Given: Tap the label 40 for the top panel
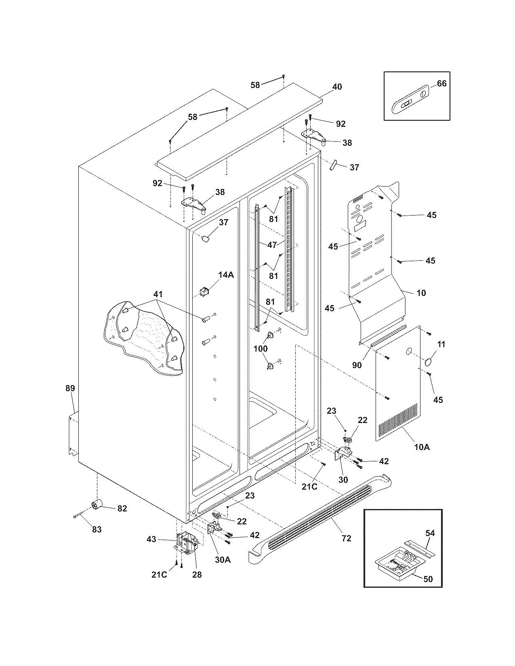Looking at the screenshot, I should (x=337, y=87).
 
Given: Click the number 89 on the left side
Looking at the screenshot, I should (x=70, y=388).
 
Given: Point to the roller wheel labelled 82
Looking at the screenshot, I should (x=97, y=504).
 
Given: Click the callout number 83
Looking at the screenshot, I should (x=97, y=530).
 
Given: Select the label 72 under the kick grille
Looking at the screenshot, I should (x=346, y=538).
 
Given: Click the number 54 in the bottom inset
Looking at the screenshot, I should (x=430, y=533).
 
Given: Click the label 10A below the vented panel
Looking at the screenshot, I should (x=422, y=447).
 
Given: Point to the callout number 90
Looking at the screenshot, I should (x=357, y=365).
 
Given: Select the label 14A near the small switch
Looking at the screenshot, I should (x=226, y=275).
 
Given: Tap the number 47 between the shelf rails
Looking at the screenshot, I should (x=272, y=245).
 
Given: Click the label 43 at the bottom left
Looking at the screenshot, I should (x=151, y=539).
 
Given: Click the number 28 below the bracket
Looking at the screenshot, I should (x=197, y=574).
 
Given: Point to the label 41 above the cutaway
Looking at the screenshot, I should (x=158, y=294).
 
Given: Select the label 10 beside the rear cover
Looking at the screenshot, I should (x=421, y=293).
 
